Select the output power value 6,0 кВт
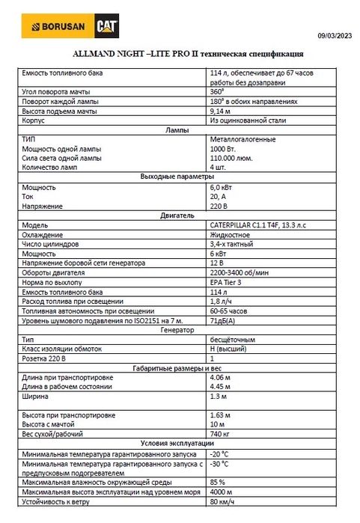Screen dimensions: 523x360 (222, 186)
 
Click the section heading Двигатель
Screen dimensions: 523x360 (177, 215)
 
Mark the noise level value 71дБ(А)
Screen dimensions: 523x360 (225, 320)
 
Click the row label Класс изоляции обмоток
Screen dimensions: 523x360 (64, 349)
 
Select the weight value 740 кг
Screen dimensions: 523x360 (221, 434)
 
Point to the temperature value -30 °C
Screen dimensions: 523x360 (219, 464)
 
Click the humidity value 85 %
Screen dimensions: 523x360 (218, 483)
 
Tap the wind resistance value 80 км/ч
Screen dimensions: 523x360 (223, 502)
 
